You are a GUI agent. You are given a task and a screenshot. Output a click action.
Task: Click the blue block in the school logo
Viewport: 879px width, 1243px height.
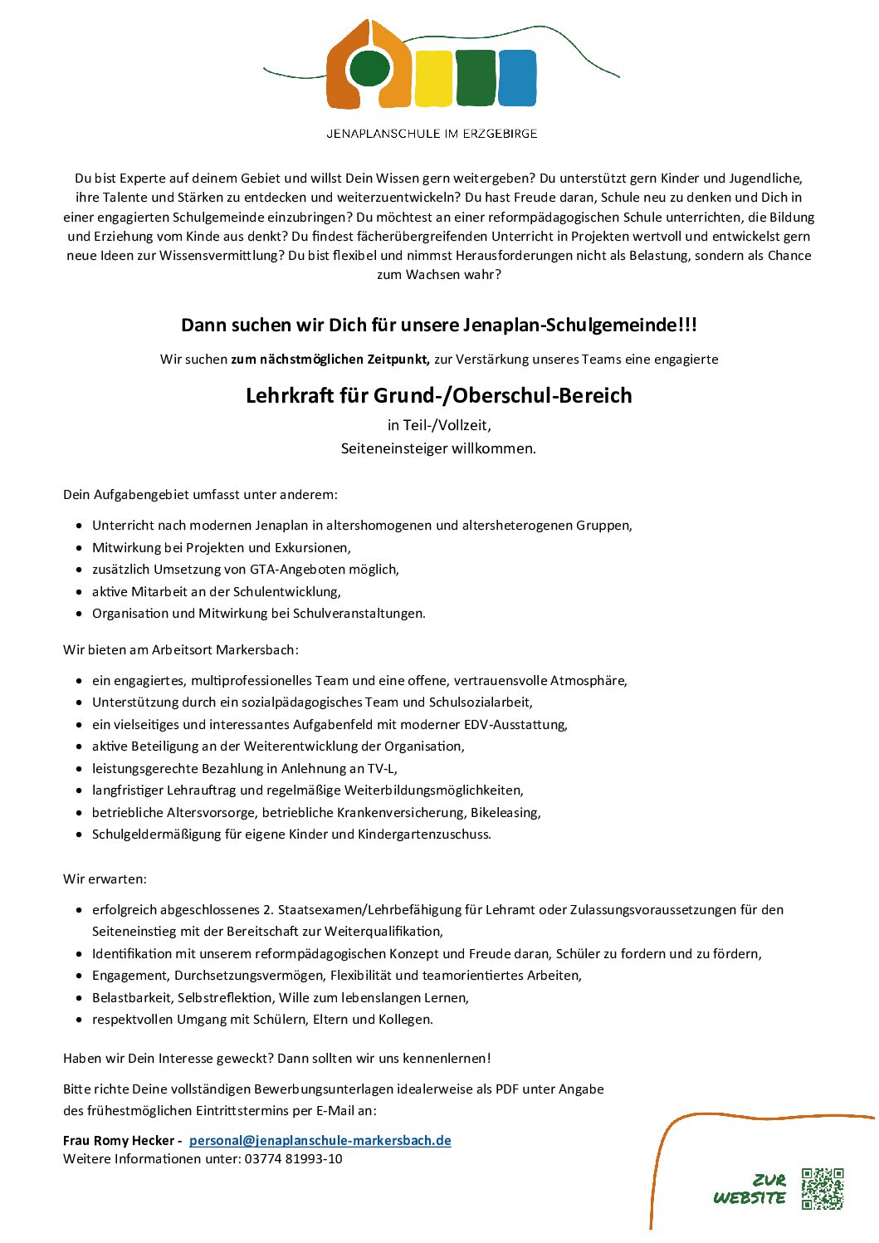pyautogui.click(x=516, y=78)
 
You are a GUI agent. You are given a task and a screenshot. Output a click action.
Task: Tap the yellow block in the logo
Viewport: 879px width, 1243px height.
pyautogui.click(x=432, y=78)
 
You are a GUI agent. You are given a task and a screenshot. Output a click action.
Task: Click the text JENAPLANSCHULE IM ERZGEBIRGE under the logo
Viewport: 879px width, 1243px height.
pyautogui.click(x=432, y=134)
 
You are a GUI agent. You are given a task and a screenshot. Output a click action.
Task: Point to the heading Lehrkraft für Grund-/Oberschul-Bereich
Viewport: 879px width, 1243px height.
pyautogui.click(x=438, y=395)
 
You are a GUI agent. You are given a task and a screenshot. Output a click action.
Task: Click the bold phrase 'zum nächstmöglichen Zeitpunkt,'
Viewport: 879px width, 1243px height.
pyautogui.click(x=330, y=360)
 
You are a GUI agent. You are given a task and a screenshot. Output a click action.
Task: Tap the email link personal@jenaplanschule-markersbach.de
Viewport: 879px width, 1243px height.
pyautogui.click(x=320, y=1140)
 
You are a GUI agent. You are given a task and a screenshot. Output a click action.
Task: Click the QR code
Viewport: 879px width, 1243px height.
pyautogui.click(x=822, y=1188)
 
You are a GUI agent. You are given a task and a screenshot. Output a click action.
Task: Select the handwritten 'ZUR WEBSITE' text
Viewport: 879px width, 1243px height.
pyautogui.click(x=750, y=1189)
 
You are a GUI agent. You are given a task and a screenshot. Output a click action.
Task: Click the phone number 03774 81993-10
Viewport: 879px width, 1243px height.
pyautogui.click(x=293, y=1159)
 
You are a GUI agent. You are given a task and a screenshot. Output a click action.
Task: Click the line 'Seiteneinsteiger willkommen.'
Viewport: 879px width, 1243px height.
pyautogui.click(x=438, y=448)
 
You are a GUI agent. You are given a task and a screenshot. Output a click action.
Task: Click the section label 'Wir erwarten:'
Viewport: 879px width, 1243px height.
pyautogui.click(x=105, y=878)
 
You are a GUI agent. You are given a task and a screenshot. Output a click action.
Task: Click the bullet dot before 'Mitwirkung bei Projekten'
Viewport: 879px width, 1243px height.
pyautogui.click(x=79, y=548)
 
